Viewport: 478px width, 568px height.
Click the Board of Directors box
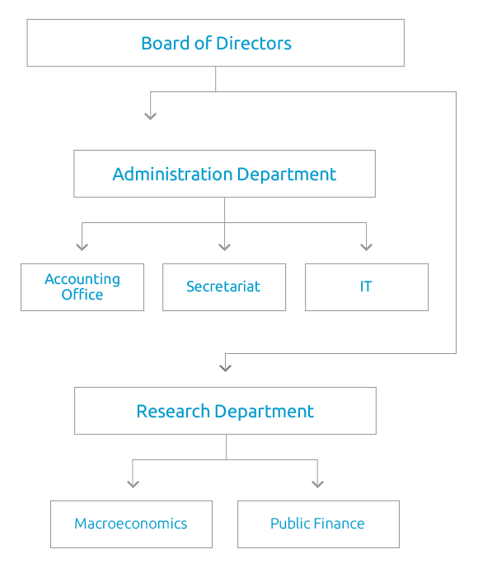coord(215,43)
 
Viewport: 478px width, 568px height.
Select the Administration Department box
coord(224,174)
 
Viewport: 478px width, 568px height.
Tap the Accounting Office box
coord(82,286)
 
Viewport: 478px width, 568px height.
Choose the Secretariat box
coord(224,286)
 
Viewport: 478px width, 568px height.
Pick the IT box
coord(367,286)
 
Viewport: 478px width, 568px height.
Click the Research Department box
coord(225,411)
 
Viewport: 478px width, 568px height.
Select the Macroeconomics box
coord(131,524)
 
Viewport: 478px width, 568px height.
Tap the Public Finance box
coord(318,524)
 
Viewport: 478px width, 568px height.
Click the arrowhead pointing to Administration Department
coord(150,116)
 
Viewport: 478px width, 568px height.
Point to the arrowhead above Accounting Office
coord(82,245)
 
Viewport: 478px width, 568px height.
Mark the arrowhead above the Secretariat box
coord(224,245)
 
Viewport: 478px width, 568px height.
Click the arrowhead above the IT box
coord(367,245)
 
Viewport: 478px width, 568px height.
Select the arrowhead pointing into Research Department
coord(225,367)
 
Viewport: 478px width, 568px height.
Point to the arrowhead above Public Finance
coord(318,483)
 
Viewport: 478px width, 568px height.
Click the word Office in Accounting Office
coord(82,295)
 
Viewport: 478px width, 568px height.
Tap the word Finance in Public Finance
coord(338,524)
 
